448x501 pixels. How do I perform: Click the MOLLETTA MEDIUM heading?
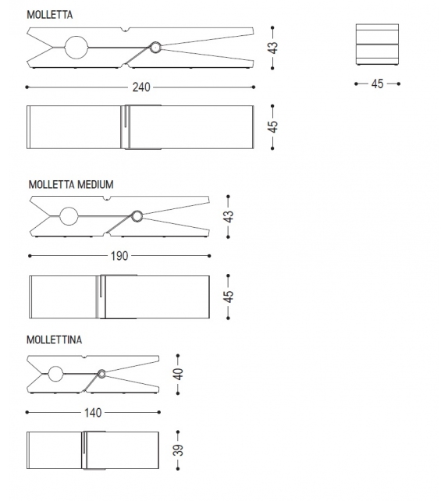coord(71,185)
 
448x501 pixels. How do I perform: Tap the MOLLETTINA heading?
coord(54,339)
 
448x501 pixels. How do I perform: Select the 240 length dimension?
coord(141,87)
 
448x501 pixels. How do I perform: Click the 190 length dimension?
coord(119,256)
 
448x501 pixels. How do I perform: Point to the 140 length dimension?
coord(93,413)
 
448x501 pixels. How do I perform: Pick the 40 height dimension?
coord(178,374)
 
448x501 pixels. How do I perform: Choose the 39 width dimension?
coord(178,449)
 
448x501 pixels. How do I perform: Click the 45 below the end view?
coord(377,84)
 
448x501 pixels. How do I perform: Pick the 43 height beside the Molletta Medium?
coord(229,217)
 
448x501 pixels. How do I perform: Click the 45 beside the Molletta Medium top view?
coord(229,297)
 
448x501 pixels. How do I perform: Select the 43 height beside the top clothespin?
coord(273,48)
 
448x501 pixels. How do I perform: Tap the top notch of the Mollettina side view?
coord(84,357)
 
